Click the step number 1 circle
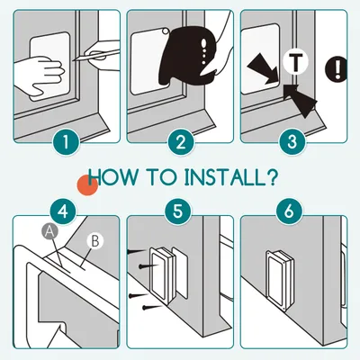[x=67, y=142]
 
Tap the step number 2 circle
[x=180, y=142]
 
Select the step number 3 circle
[x=292, y=142]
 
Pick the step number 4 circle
[x=63, y=211]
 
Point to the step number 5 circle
[x=178, y=211]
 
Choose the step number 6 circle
[x=289, y=211]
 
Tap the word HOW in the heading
[x=112, y=177]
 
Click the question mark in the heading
[x=271, y=177]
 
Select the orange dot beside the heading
[x=87, y=185]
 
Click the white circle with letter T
[x=295, y=62]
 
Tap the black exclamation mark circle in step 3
[x=337, y=69]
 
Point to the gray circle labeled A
[x=49, y=231]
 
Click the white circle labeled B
[x=94, y=241]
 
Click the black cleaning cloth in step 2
[x=189, y=56]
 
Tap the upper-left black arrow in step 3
[x=263, y=68]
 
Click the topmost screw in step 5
[x=137, y=251]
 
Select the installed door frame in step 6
[x=278, y=277]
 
